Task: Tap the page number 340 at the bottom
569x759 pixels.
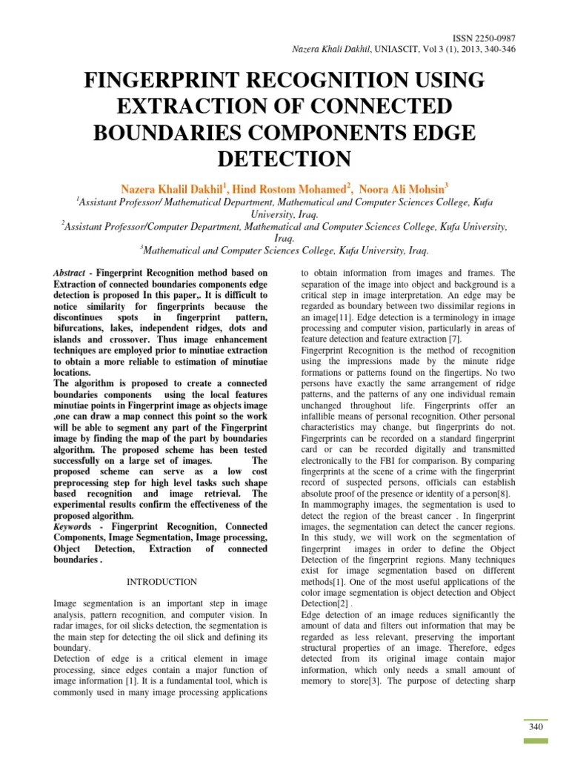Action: [536, 727]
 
